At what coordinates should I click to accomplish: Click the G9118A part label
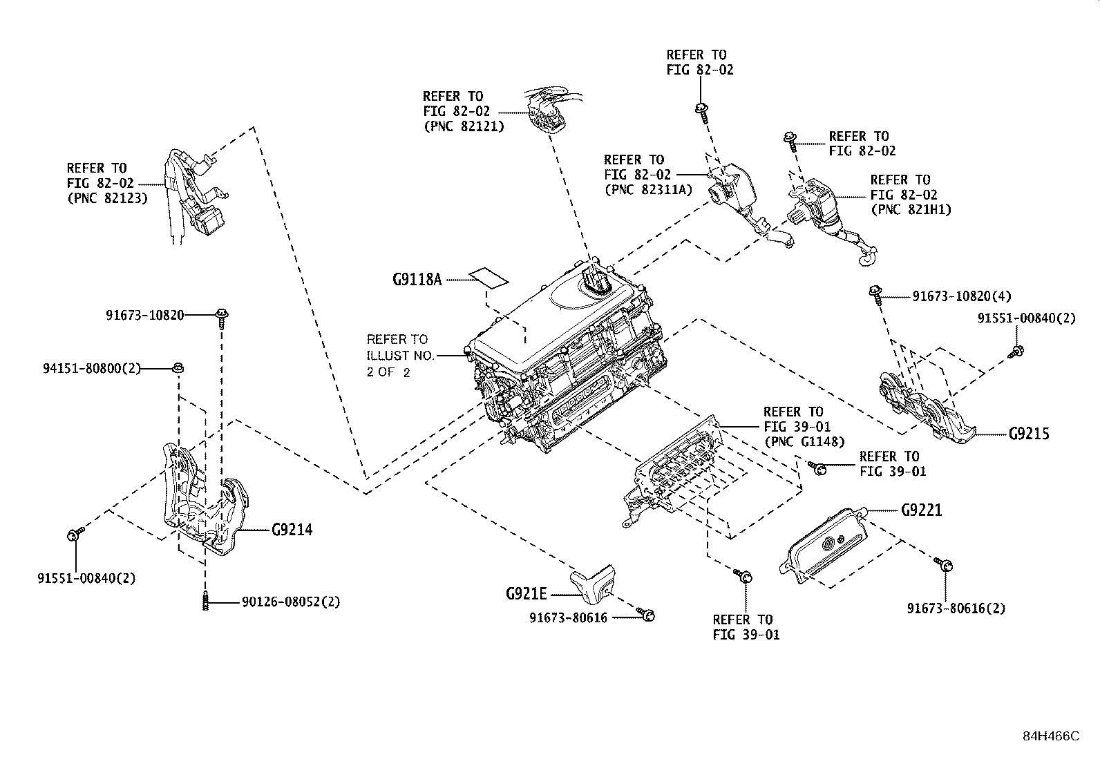(416, 280)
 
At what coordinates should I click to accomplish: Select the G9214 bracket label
(292, 530)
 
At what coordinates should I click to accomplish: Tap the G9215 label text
(1028, 434)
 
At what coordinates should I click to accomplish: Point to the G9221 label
(921, 510)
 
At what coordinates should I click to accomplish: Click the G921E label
(526, 594)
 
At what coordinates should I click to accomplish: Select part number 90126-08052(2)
(291, 602)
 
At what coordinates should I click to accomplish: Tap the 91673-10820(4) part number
(961, 296)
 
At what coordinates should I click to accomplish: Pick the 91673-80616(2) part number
(956, 608)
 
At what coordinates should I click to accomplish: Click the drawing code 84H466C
(1051, 736)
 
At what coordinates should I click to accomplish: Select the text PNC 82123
(107, 198)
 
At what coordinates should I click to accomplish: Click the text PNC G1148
(804, 442)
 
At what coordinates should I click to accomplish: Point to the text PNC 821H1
(911, 210)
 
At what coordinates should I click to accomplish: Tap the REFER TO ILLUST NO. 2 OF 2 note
(400, 356)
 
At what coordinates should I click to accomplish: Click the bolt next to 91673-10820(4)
(875, 293)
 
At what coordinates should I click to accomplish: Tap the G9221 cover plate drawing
(824, 546)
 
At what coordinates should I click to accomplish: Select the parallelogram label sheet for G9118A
(489, 278)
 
